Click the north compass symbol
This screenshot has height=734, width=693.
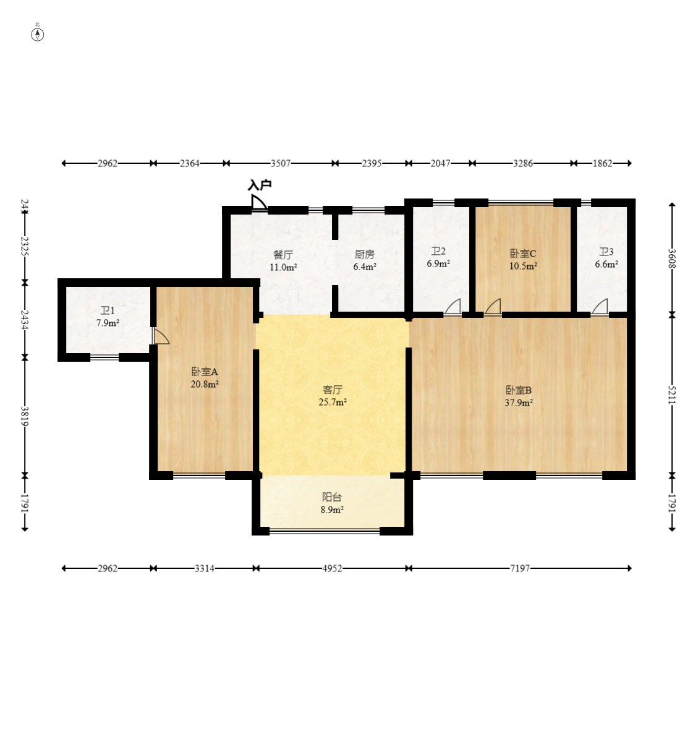(38, 34)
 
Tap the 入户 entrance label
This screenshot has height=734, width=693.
(260, 185)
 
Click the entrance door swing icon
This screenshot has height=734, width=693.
(258, 203)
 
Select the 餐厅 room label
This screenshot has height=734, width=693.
(283, 255)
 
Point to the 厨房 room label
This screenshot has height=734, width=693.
(364, 255)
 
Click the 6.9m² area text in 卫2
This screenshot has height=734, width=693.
(438, 263)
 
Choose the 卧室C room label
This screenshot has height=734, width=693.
(522, 254)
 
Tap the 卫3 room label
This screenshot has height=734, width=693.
(606, 252)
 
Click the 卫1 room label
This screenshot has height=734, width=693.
(108, 311)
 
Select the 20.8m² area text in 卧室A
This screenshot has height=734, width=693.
(205, 384)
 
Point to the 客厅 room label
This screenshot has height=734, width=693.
(333, 390)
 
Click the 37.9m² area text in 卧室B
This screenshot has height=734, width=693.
(519, 403)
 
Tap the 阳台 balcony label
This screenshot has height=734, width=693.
(332, 497)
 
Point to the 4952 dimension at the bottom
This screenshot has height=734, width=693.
(332, 568)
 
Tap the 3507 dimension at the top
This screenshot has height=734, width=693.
(281, 163)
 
